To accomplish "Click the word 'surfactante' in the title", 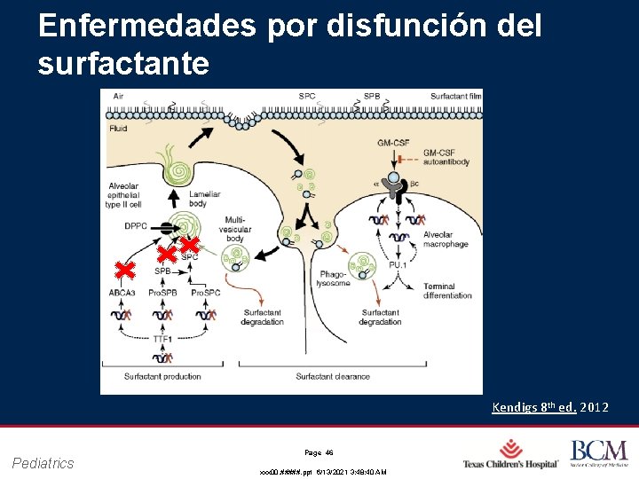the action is (124, 64).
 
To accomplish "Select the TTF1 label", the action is (162, 338).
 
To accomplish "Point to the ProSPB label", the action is (162, 292).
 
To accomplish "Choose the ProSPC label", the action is (206, 292).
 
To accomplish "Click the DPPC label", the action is (136, 226).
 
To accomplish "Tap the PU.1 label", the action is (398, 263).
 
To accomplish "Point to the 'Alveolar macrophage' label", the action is (446, 239).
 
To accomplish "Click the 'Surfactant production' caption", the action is (162, 377).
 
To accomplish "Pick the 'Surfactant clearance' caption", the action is (333, 377).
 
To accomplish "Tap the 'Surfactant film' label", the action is (456, 96).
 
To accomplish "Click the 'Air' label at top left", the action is (118, 96).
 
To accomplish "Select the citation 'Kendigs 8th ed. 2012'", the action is (550, 407).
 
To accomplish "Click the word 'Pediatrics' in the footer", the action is (43, 462).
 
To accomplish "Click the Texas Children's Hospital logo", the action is (511, 454).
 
